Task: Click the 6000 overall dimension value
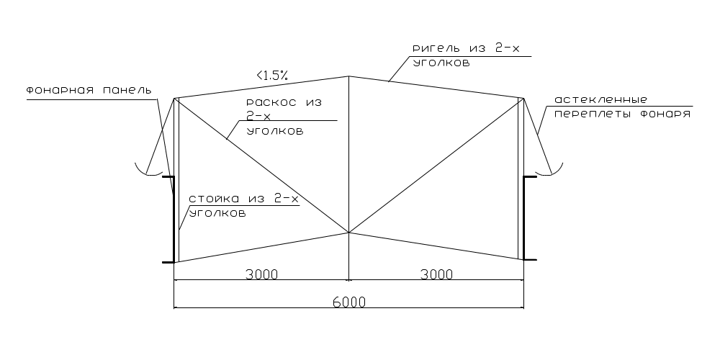(349, 302)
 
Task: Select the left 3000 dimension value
(262, 274)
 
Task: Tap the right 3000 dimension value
(436, 274)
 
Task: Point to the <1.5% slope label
(272, 76)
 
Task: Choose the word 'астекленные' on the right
(600, 99)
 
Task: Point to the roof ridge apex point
(349, 76)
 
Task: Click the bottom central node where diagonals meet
(349, 233)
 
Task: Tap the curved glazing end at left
(148, 173)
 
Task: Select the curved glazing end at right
(550, 173)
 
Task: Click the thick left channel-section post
(173, 220)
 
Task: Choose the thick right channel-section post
(524, 218)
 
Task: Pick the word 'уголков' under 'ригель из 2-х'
(441, 63)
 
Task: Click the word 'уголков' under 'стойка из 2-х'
(217, 213)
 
